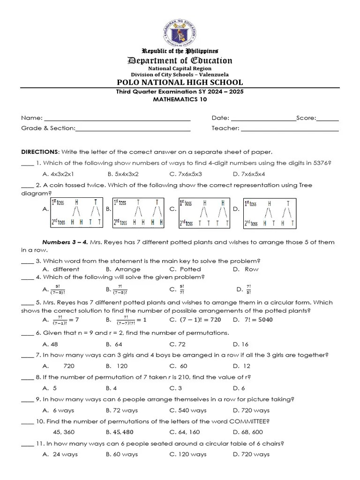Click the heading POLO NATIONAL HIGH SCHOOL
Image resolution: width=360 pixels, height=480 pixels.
(180, 82)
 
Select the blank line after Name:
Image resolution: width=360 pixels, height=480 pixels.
(117, 119)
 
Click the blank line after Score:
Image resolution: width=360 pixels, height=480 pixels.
(328, 119)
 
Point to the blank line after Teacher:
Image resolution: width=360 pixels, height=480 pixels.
(290, 128)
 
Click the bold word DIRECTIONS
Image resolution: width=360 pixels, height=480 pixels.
(40, 152)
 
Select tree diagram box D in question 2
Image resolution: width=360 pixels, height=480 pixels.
(270, 212)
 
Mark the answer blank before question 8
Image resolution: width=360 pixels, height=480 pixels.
(27, 377)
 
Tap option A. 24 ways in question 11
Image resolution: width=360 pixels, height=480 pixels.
(60, 455)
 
